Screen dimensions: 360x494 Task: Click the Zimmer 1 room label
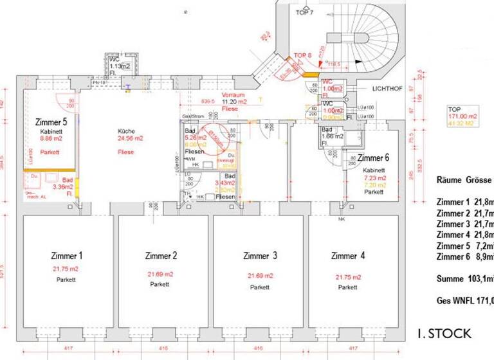[x=67, y=256]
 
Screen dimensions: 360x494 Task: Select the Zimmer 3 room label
[x=260, y=256]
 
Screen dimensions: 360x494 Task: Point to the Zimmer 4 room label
[x=348, y=256]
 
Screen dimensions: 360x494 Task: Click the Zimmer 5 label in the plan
[x=50, y=121]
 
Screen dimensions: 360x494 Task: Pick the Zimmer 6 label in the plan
[x=373, y=158]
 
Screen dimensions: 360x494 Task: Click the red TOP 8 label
[x=302, y=55]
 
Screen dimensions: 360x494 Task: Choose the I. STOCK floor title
[x=444, y=334]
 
